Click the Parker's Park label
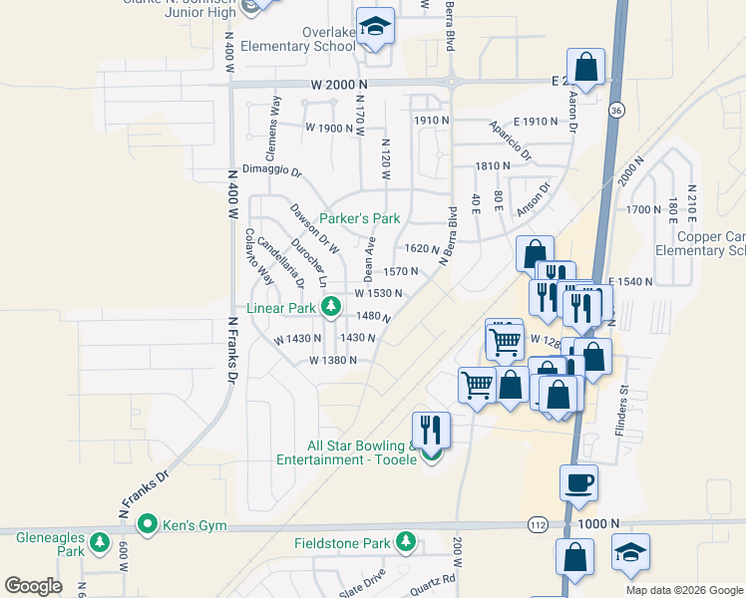[x=360, y=218]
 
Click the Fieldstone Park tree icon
[x=406, y=542]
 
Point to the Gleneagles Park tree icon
[x=99, y=542]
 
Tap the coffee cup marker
[x=578, y=483]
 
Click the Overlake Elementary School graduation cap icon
[x=376, y=28]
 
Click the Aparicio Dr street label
[x=511, y=142]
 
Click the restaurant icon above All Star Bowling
[x=431, y=430]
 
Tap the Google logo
[x=33, y=586]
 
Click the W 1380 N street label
[x=333, y=360]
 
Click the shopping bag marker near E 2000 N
[x=586, y=69]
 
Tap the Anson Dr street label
[x=533, y=200]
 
